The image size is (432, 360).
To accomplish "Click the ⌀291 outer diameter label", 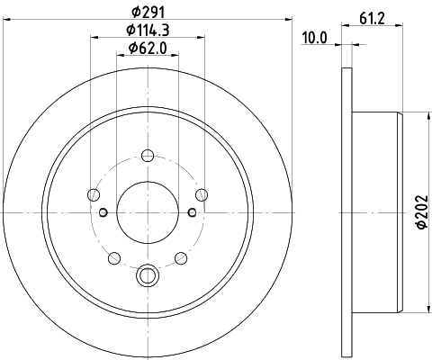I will click(148, 12).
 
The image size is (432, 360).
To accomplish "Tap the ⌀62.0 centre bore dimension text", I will click(148, 49).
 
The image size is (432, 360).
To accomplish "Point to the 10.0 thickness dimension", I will click(313, 37).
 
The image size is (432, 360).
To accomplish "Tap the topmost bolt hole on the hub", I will click(148, 157).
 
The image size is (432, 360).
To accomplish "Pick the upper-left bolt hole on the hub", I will click(94, 194).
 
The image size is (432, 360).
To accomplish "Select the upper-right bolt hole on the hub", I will click(201, 194).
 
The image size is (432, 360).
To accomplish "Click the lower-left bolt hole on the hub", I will click(114, 257).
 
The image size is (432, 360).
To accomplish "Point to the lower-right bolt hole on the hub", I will click(181, 257).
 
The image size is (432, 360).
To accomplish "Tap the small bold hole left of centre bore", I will click(103, 212).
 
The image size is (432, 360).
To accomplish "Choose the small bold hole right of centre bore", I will click(192, 212).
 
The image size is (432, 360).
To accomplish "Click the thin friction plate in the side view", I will click(346, 212).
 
